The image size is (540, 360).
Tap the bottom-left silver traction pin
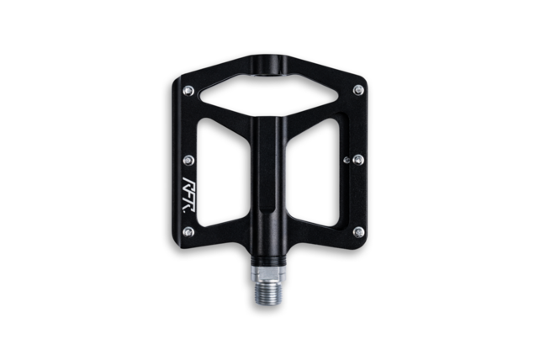tap(188, 231)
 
